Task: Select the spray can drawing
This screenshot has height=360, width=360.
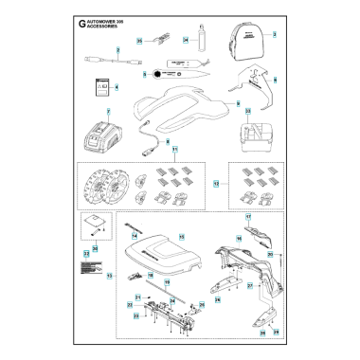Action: pos(201,43)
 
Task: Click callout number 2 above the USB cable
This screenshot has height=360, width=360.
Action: pos(117,48)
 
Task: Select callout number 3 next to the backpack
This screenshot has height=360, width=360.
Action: pos(275,34)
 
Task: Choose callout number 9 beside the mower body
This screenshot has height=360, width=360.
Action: pos(237,101)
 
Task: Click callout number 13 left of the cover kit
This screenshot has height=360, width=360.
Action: pos(109,276)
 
